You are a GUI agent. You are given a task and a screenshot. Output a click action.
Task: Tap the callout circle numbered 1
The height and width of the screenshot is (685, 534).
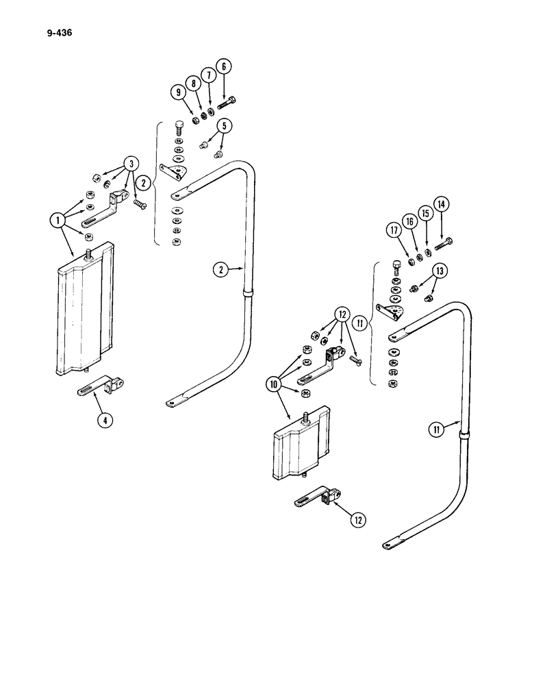pos(57,221)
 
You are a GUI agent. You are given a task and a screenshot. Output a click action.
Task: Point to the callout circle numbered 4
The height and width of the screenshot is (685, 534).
pos(104,421)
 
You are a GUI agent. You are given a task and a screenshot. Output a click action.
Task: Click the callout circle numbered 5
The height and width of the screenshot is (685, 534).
pos(225,125)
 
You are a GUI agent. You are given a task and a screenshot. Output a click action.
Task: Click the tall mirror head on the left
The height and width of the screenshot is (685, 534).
pos(81,312)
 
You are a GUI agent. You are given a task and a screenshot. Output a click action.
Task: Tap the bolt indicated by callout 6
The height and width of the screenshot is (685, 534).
pos(227,104)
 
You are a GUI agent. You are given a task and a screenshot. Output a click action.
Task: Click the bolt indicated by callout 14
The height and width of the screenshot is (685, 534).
pos(444,242)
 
